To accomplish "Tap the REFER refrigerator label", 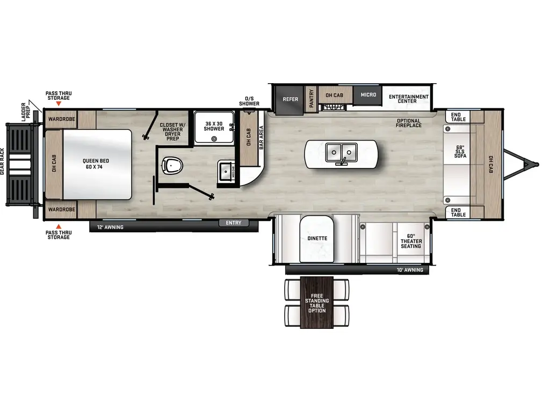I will pyautogui.click(x=291, y=99).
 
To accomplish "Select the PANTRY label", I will pyautogui.click(x=311, y=99).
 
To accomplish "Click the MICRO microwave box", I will pyautogui.click(x=368, y=95).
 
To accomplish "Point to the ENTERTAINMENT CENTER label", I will pyautogui.click(x=409, y=99).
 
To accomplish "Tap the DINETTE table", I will pyautogui.click(x=317, y=238).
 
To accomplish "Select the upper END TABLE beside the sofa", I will pyautogui.click(x=458, y=116).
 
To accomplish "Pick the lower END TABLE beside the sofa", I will pyautogui.click(x=458, y=212).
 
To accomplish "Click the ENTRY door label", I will pyautogui.click(x=234, y=223).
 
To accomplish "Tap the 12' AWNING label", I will pyautogui.click(x=110, y=227).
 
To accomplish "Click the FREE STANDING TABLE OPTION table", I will pyautogui.click(x=317, y=303).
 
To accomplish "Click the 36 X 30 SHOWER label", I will pyautogui.click(x=214, y=126).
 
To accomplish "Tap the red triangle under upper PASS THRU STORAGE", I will pyautogui.click(x=59, y=102).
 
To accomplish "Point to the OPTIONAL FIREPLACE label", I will pyautogui.click(x=409, y=123).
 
